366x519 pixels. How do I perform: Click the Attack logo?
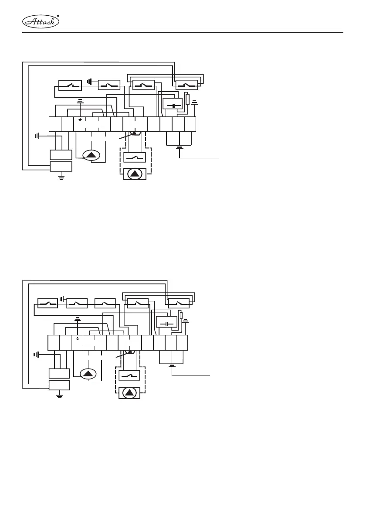pos(40,20)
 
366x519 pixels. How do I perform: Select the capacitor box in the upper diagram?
pos(172,106)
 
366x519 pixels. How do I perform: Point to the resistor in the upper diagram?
pos(187,99)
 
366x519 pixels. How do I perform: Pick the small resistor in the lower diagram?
pos(181,316)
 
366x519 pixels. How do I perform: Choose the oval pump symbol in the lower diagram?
pos(88,373)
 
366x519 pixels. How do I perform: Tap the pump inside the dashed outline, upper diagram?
pos(135,174)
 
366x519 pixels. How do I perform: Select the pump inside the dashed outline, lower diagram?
pos(129,393)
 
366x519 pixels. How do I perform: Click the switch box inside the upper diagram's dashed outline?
pos(135,157)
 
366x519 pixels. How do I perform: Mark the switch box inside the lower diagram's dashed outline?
pos(129,375)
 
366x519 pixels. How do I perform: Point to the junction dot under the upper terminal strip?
pos(134,134)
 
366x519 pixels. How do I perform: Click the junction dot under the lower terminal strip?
pos(129,353)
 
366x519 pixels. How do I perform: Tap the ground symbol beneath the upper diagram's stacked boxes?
pos(61,177)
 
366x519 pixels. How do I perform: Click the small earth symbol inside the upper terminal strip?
pos(80,119)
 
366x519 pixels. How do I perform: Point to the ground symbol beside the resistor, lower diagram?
pos(185,322)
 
